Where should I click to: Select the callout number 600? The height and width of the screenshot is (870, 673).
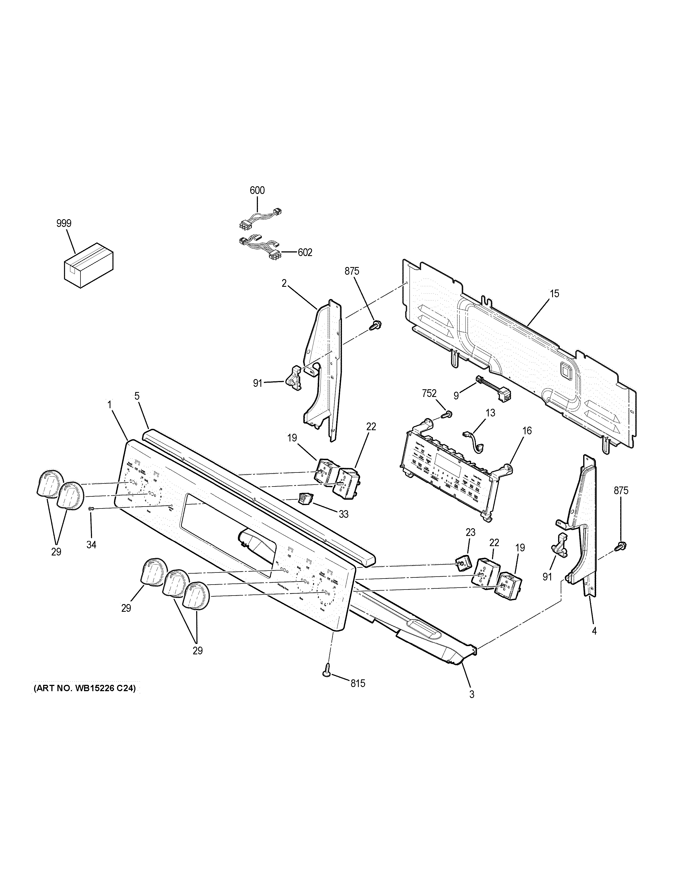click(257, 190)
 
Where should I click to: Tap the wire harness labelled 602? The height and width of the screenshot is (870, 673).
click(259, 248)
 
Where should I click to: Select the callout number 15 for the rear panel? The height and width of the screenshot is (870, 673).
click(554, 294)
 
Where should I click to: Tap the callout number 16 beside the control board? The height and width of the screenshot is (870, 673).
click(527, 431)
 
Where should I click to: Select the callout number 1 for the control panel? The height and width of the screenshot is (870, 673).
click(109, 404)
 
